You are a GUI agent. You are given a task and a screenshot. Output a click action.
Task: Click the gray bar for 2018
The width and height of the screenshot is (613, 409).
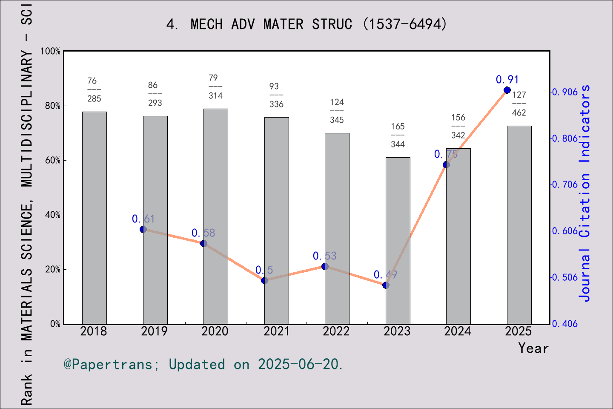[95, 218]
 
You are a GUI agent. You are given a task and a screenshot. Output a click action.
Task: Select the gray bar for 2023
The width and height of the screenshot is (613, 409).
[398, 241]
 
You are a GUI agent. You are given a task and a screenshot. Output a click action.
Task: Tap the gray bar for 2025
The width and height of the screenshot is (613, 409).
[519, 225]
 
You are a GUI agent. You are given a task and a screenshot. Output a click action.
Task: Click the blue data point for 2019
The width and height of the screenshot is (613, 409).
[143, 230]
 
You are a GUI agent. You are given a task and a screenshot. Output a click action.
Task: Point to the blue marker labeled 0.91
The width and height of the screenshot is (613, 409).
[507, 90]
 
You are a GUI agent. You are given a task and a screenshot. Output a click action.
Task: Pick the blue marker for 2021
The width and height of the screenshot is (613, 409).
[264, 280]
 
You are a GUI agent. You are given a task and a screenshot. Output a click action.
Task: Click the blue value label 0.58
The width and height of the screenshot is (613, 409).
[203, 233]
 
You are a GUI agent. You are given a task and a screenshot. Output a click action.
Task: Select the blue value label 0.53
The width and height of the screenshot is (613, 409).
[324, 256]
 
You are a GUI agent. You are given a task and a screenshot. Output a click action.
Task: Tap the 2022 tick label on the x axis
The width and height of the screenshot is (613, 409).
[336, 331]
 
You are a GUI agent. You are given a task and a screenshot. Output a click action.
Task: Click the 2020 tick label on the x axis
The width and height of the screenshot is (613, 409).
[215, 331]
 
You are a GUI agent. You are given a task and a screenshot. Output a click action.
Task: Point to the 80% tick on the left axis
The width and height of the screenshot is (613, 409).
[53, 106]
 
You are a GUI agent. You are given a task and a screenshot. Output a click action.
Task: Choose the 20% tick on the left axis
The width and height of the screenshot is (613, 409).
[53, 270]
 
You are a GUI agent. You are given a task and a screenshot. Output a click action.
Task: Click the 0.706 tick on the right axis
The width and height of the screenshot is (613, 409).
[565, 184]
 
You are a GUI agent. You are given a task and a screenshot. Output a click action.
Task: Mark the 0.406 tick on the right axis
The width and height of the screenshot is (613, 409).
[565, 324]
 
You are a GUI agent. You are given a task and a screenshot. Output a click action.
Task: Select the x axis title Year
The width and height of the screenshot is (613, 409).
[533, 349]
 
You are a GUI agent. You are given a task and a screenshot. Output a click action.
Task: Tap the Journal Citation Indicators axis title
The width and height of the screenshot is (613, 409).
[585, 193]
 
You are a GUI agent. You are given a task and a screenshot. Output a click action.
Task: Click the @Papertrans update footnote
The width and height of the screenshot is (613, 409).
[203, 365]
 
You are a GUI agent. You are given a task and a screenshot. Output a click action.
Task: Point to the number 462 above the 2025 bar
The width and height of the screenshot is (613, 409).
[519, 113]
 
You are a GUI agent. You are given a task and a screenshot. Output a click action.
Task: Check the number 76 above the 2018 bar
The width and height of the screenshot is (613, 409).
[92, 81]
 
